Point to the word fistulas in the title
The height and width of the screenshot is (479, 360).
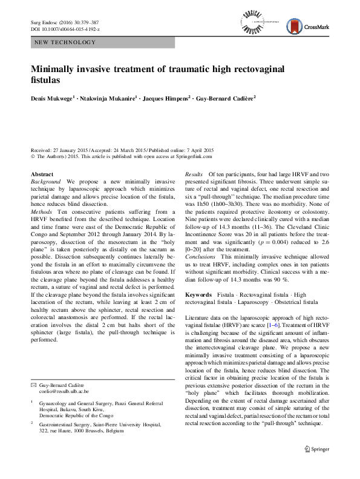47,80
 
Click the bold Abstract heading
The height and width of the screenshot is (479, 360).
42,174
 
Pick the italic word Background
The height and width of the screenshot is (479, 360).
45,181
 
